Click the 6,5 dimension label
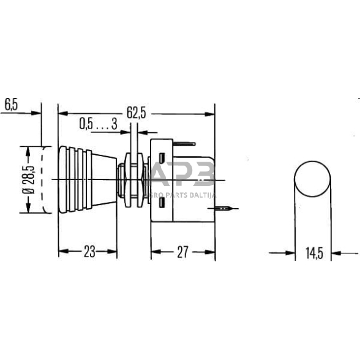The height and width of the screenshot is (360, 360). tap(11, 104)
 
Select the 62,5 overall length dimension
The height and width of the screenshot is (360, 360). tap(136, 113)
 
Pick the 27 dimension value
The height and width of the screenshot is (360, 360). tap(182, 252)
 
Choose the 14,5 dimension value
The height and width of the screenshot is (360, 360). tap(313, 252)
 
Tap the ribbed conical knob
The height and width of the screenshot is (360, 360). tap(86, 179)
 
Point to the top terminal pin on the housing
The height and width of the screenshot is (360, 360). tap(184, 144)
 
